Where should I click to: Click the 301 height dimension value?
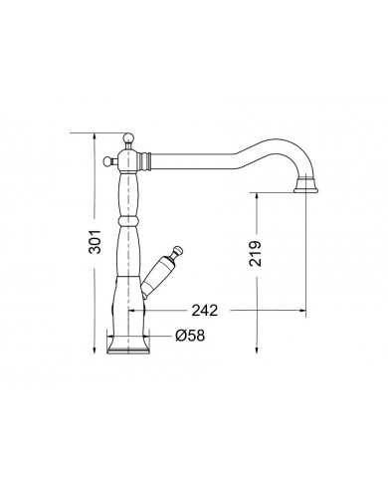click(96, 241)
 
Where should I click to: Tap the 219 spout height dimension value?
click(255, 253)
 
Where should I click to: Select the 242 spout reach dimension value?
click(205, 311)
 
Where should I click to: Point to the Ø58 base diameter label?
click(190, 336)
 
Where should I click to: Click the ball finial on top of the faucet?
click(128, 137)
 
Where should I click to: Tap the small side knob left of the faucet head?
click(107, 161)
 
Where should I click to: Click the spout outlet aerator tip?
click(305, 187)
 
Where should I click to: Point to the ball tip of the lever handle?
click(178, 250)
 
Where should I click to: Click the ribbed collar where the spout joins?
click(145, 160)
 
